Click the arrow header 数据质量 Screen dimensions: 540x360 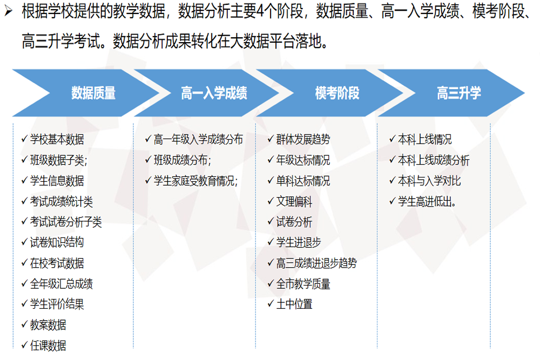(93, 93)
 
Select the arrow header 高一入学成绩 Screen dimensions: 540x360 (214, 93)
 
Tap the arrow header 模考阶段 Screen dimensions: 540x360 (337, 93)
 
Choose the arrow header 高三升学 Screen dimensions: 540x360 (458, 93)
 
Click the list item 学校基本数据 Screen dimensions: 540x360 (57, 139)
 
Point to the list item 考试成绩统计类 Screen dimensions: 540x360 (62, 201)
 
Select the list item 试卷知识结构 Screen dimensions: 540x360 (57, 243)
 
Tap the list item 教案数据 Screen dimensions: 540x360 (48, 325)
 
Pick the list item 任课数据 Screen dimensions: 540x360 (48, 345)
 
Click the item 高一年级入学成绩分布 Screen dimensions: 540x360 (198, 139)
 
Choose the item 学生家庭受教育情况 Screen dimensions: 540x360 (195, 181)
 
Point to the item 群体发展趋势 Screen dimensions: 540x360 (303, 139)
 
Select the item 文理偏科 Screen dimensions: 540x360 (294, 201)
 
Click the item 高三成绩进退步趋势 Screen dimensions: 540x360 (316, 263)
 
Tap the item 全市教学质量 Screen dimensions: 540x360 (303, 284)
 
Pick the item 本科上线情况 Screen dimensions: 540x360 (425, 139)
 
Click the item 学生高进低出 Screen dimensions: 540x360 (427, 201)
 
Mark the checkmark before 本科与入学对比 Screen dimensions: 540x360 (392, 180)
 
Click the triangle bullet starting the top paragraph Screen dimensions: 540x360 (9, 11)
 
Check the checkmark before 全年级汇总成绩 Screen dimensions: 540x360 (24, 283)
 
